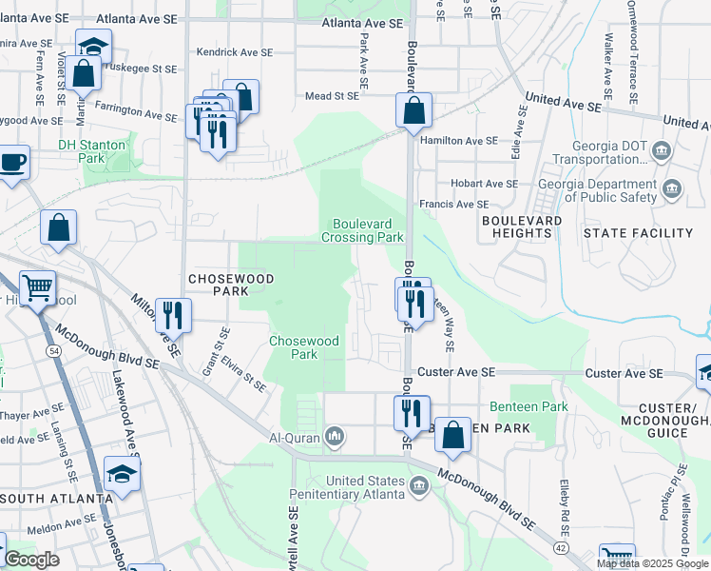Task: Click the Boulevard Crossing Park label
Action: [x=368, y=230]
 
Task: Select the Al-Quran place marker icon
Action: [x=334, y=437]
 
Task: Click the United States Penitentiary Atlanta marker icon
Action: [x=417, y=487]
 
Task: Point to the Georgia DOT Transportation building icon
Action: [x=662, y=151]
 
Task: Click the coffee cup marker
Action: [x=12, y=162]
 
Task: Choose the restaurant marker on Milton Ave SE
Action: [x=173, y=314]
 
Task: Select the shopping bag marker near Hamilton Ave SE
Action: [x=413, y=110]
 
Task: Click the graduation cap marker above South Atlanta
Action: [x=123, y=473]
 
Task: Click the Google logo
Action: [x=31, y=560]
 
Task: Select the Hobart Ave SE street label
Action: [x=485, y=183]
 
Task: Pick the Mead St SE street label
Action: [x=332, y=95]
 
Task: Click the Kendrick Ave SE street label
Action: [x=234, y=53]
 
